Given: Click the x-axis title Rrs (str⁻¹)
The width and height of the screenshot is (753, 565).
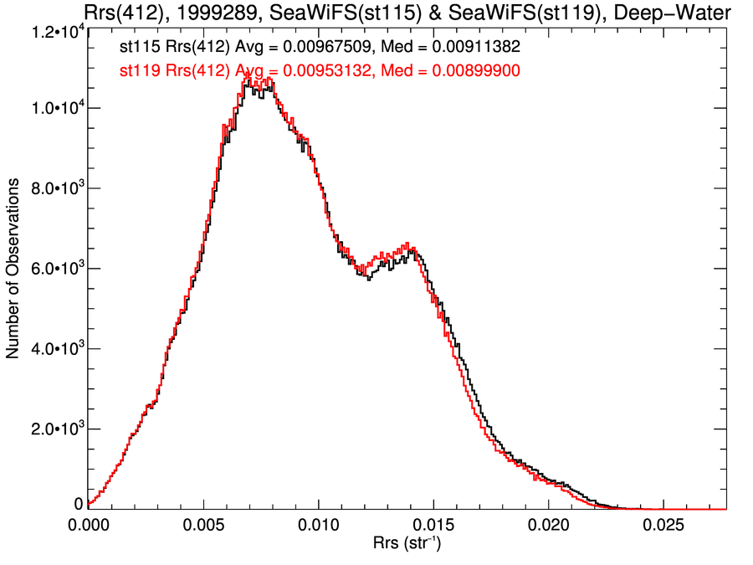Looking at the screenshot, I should coord(407,545).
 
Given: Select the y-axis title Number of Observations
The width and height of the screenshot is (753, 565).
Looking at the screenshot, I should coord(14,269).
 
